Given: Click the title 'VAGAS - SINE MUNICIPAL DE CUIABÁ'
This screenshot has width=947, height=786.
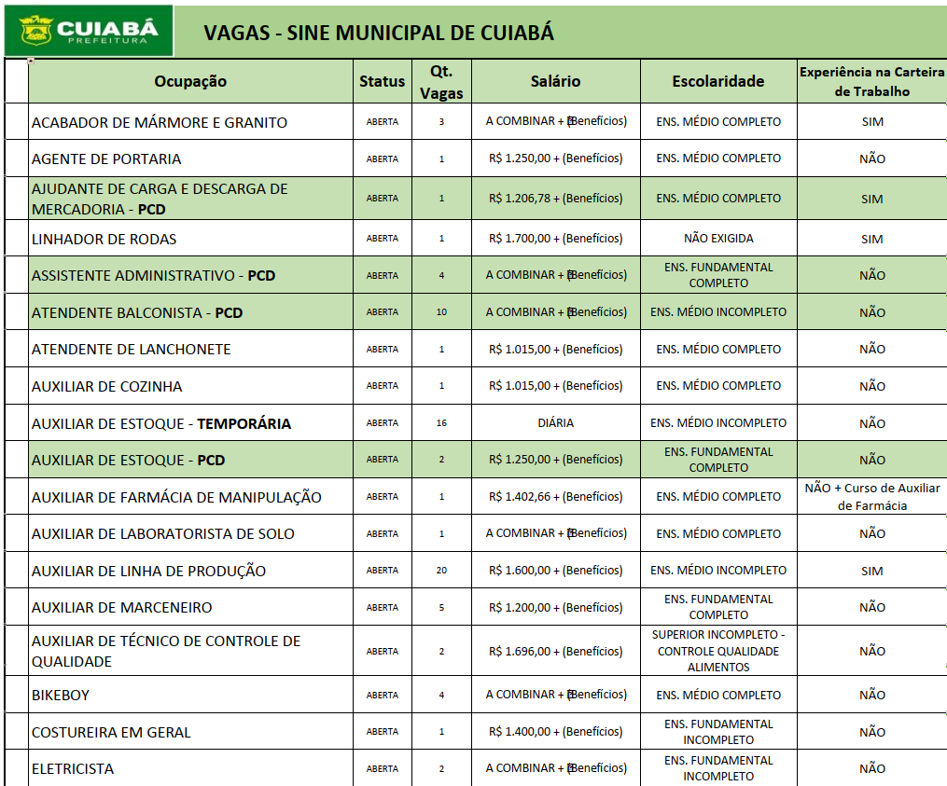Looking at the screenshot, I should click(379, 33).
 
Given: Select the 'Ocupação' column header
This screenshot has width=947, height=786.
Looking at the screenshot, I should click(190, 81).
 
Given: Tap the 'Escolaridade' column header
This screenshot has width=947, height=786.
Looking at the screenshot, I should click(717, 81).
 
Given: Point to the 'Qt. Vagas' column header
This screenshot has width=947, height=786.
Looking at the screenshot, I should click(441, 82).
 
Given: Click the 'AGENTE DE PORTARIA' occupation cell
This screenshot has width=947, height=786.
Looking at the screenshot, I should click(106, 159).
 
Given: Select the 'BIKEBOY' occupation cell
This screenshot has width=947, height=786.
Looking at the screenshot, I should click(61, 695).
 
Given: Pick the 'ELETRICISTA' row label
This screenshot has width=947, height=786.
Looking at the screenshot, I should click(73, 768).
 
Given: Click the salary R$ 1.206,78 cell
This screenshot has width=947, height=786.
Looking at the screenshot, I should click(555, 199).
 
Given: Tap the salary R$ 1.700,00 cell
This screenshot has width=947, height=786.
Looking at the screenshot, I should click(555, 239).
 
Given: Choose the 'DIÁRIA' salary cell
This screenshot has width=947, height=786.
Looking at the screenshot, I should click(555, 422).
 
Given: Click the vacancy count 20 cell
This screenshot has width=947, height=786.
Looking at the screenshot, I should click(441, 570).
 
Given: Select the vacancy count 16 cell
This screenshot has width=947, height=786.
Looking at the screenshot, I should click(441, 422).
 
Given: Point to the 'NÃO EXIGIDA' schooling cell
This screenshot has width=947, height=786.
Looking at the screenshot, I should click(717, 239).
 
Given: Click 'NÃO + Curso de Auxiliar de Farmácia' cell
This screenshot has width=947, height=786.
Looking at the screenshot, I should click(871, 497).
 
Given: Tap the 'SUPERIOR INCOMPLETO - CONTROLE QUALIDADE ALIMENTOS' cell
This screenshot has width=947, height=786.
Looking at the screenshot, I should click(717, 651).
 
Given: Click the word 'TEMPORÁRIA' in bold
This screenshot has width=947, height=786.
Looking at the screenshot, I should click(244, 423).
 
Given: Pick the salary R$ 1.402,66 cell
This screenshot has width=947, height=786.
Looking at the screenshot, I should click(555, 497).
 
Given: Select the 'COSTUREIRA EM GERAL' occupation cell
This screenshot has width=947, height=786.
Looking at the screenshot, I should click(111, 732).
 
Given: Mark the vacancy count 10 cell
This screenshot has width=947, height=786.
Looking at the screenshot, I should click(441, 312).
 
